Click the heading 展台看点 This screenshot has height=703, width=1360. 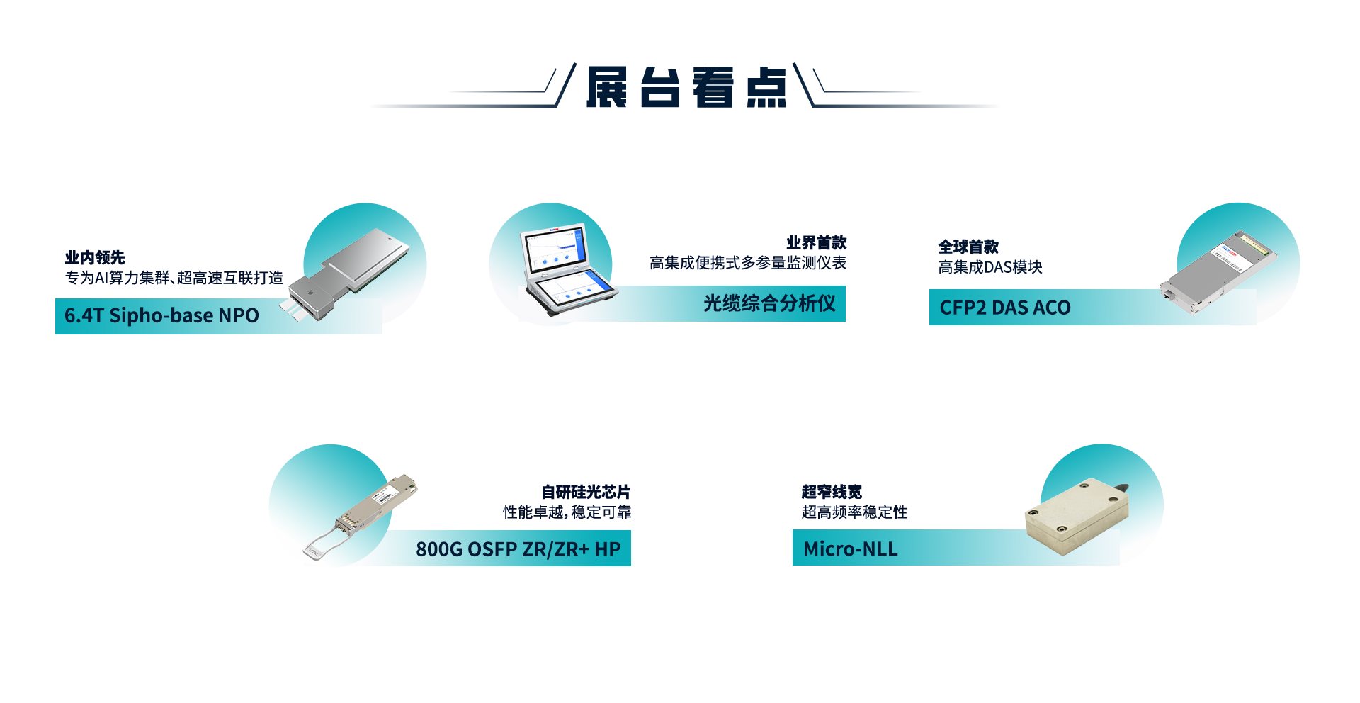click(x=686, y=87)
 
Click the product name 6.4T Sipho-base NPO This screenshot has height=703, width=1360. click(x=161, y=315)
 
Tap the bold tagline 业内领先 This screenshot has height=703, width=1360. click(x=95, y=257)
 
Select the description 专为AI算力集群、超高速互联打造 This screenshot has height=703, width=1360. click(x=174, y=278)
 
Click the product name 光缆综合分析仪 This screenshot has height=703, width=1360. click(x=769, y=303)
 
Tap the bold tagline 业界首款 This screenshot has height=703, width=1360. click(x=817, y=242)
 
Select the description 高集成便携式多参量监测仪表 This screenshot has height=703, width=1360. click(x=748, y=263)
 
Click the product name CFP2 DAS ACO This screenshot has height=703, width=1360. click(x=1005, y=308)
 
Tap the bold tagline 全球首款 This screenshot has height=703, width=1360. click(x=968, y=247)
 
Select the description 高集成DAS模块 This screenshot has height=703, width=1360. click(x=990, y=267)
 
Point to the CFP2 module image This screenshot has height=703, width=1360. click(x=1218, y=272)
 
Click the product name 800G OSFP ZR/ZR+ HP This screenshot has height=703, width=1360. click(x=518, y=549)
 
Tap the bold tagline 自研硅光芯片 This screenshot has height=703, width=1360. click(x=586, y=492)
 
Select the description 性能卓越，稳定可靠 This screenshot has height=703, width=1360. click(x=567, y=512)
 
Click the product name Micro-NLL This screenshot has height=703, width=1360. click(x=850, y=549)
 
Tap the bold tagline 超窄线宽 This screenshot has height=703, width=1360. click(x=832, y=492)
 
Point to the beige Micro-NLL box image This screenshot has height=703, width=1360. click(x=1077, y=517)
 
